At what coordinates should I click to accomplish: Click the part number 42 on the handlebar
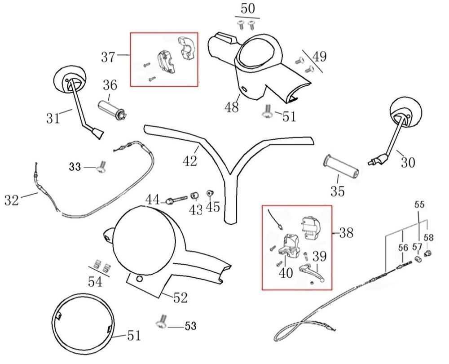190,160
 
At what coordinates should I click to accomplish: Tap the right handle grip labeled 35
341,166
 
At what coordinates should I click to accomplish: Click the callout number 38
346,233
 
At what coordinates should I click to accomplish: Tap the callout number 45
213,207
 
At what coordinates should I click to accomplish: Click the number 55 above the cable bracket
418,204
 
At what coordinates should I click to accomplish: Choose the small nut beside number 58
427,254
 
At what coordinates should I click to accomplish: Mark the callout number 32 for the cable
12,200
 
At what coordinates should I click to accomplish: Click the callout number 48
232,107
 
